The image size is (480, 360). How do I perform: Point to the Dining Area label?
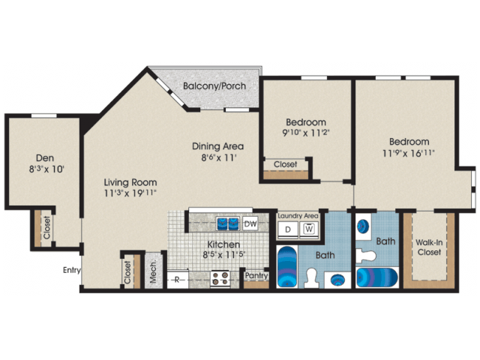tap(218, 146)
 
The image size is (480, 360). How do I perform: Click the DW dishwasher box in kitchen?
tap(250, 223)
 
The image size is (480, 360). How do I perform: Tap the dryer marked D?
tap(287, 229)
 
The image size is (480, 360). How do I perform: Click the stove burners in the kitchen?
tap(220, 279)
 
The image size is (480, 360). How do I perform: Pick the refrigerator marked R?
tap(177, 280)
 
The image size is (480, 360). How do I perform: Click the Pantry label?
tap(257, 276)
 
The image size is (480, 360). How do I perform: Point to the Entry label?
tap(71, 271)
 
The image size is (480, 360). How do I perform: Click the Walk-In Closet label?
tap(430, 247)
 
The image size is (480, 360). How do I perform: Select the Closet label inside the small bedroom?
tap(285, 164)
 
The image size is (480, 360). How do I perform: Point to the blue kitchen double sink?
tap(228, 223)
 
